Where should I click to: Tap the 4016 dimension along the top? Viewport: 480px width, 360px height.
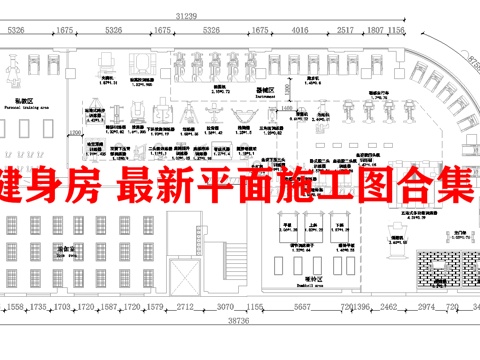click(x=300, y=31)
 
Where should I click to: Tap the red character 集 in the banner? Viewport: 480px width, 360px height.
click(x=450, y=185)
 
